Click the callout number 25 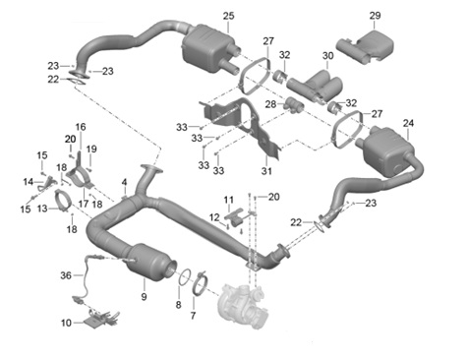pyautogui.click(x=229, y=16)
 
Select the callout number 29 pyautogui.click(x=376, y=15)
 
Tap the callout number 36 pyautogui.click(x=66, y=275)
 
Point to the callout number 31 pyautogui.click(x=266, y=171)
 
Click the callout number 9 pyautogui.click(x=144, y=297)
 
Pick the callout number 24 pyautogui.click(x=408, y=123)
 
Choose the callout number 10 pyautogui.click(x=66, y=323)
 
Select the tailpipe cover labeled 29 pyautogui.click(x=365, y=47)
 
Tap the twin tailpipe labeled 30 pyautogui.click(x=315, y=85)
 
